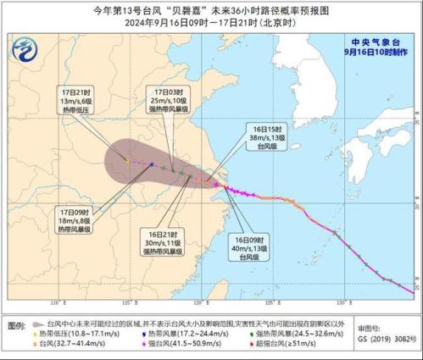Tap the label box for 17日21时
[x=76, y=100]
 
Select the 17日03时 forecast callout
[x=171, y=100]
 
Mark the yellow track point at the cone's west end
[x=127, y=160]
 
